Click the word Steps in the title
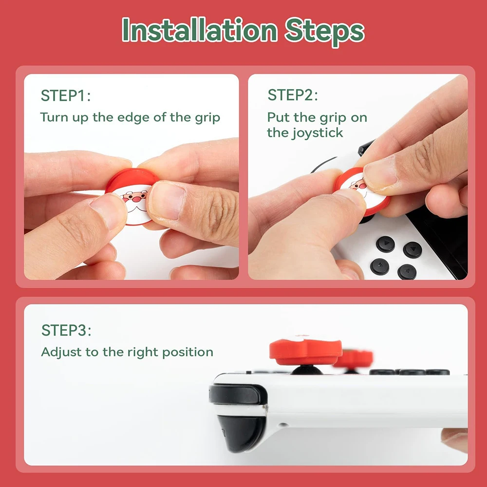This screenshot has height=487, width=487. pos(325,30)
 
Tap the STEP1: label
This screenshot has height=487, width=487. pos(65,96)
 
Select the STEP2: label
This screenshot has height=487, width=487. pos(292,95)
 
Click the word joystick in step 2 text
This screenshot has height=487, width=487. pos(319,132)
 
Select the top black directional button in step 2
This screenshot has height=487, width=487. pos(385,243)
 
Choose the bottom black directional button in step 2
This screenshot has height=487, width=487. pos(407,271)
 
